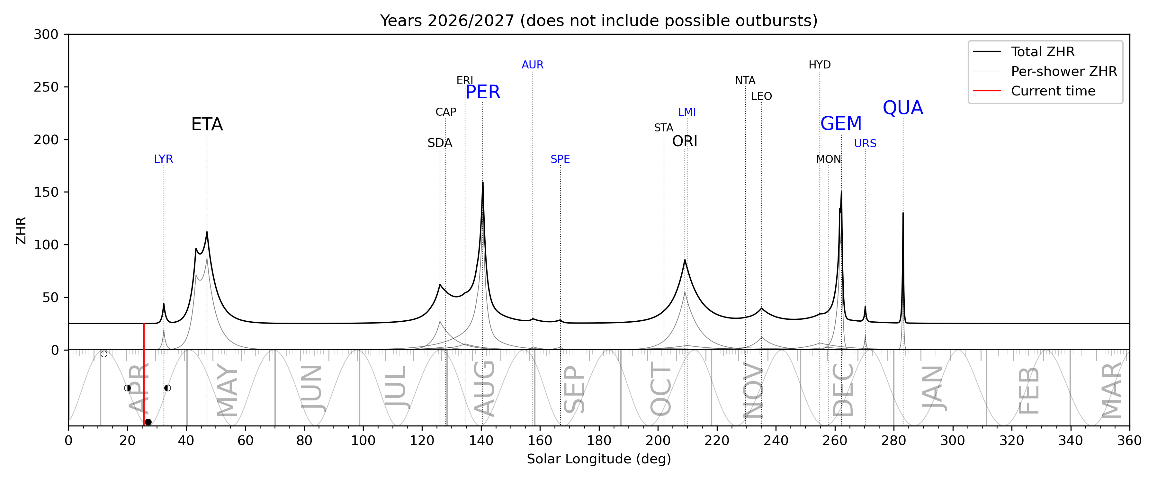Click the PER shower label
(483, 92)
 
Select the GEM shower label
(841, 123)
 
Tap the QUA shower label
(903, 108)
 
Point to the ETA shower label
(207, 124)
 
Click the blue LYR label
(164, 159)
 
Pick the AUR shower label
(533, 65)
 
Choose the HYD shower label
(820, 65)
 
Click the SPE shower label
(560, 159)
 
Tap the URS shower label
(865, 143)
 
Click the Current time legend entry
(1053, 91)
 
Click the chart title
(599, 21)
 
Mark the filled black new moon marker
(148, 422)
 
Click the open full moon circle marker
(104, 354)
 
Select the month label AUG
(485, 388)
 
